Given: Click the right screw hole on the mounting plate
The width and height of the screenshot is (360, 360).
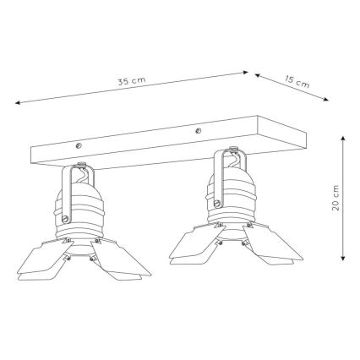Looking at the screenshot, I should tap(197, 131).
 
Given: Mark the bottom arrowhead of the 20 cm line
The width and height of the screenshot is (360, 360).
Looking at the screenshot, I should tap(343, 260).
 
